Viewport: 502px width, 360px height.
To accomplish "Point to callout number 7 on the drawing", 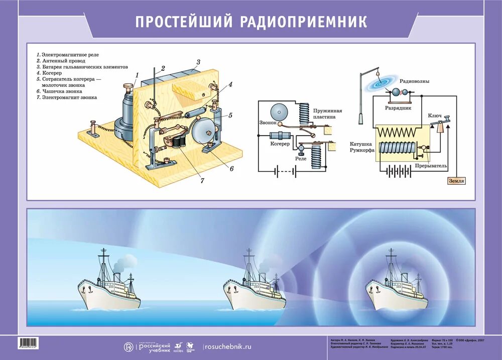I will pos(202,181).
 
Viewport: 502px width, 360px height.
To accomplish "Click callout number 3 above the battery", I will pos(198,62).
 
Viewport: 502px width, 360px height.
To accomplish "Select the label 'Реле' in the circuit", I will pos(301,159).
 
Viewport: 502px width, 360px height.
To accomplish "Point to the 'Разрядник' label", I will pos(398,107).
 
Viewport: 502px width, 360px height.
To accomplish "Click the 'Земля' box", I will pos(456,181).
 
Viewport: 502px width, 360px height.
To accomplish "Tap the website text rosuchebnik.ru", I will pos(229,346).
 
